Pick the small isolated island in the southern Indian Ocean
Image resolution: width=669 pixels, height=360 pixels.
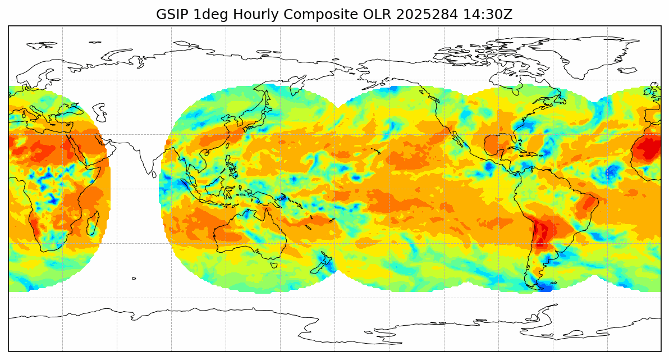(134, 278)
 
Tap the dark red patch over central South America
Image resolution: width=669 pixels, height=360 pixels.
(542, 233)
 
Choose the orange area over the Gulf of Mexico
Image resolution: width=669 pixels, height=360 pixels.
(494, 145)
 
